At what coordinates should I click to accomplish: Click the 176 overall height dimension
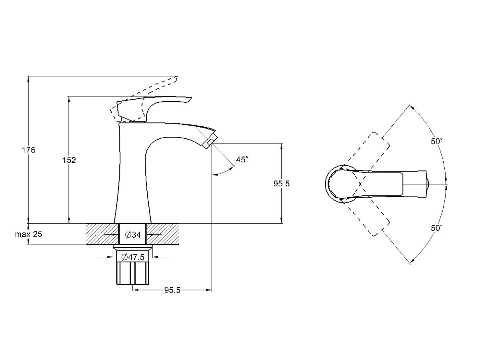click(x=29, y=150)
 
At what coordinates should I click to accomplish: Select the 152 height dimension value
click(x=69, y=160)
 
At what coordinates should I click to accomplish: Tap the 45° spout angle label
click(x=242, y=160)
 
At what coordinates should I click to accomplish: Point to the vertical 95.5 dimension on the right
click(x=281, y=184)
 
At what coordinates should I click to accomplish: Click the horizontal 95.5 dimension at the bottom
click(x=172, y=290)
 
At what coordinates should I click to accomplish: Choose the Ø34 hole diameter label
click(x=133, y=235)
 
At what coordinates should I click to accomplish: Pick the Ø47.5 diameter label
click(x=133, y=257)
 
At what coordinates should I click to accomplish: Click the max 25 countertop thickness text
click(x=28, y=234)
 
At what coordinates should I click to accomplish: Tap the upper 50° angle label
click(x=437, y=142)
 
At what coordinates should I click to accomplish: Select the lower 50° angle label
click(x=437, y=228)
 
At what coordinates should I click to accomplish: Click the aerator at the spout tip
click(x=210, y=142)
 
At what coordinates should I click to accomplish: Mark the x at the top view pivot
click(x=360, y=184)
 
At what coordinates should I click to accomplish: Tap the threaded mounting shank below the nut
click(x=133, y=274)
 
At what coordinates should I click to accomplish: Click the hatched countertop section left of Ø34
click(x=102, y=234)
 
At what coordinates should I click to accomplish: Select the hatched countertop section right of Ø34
click(x=163, y=234)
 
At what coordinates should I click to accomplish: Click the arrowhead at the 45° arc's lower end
click(x=214, y=174)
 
